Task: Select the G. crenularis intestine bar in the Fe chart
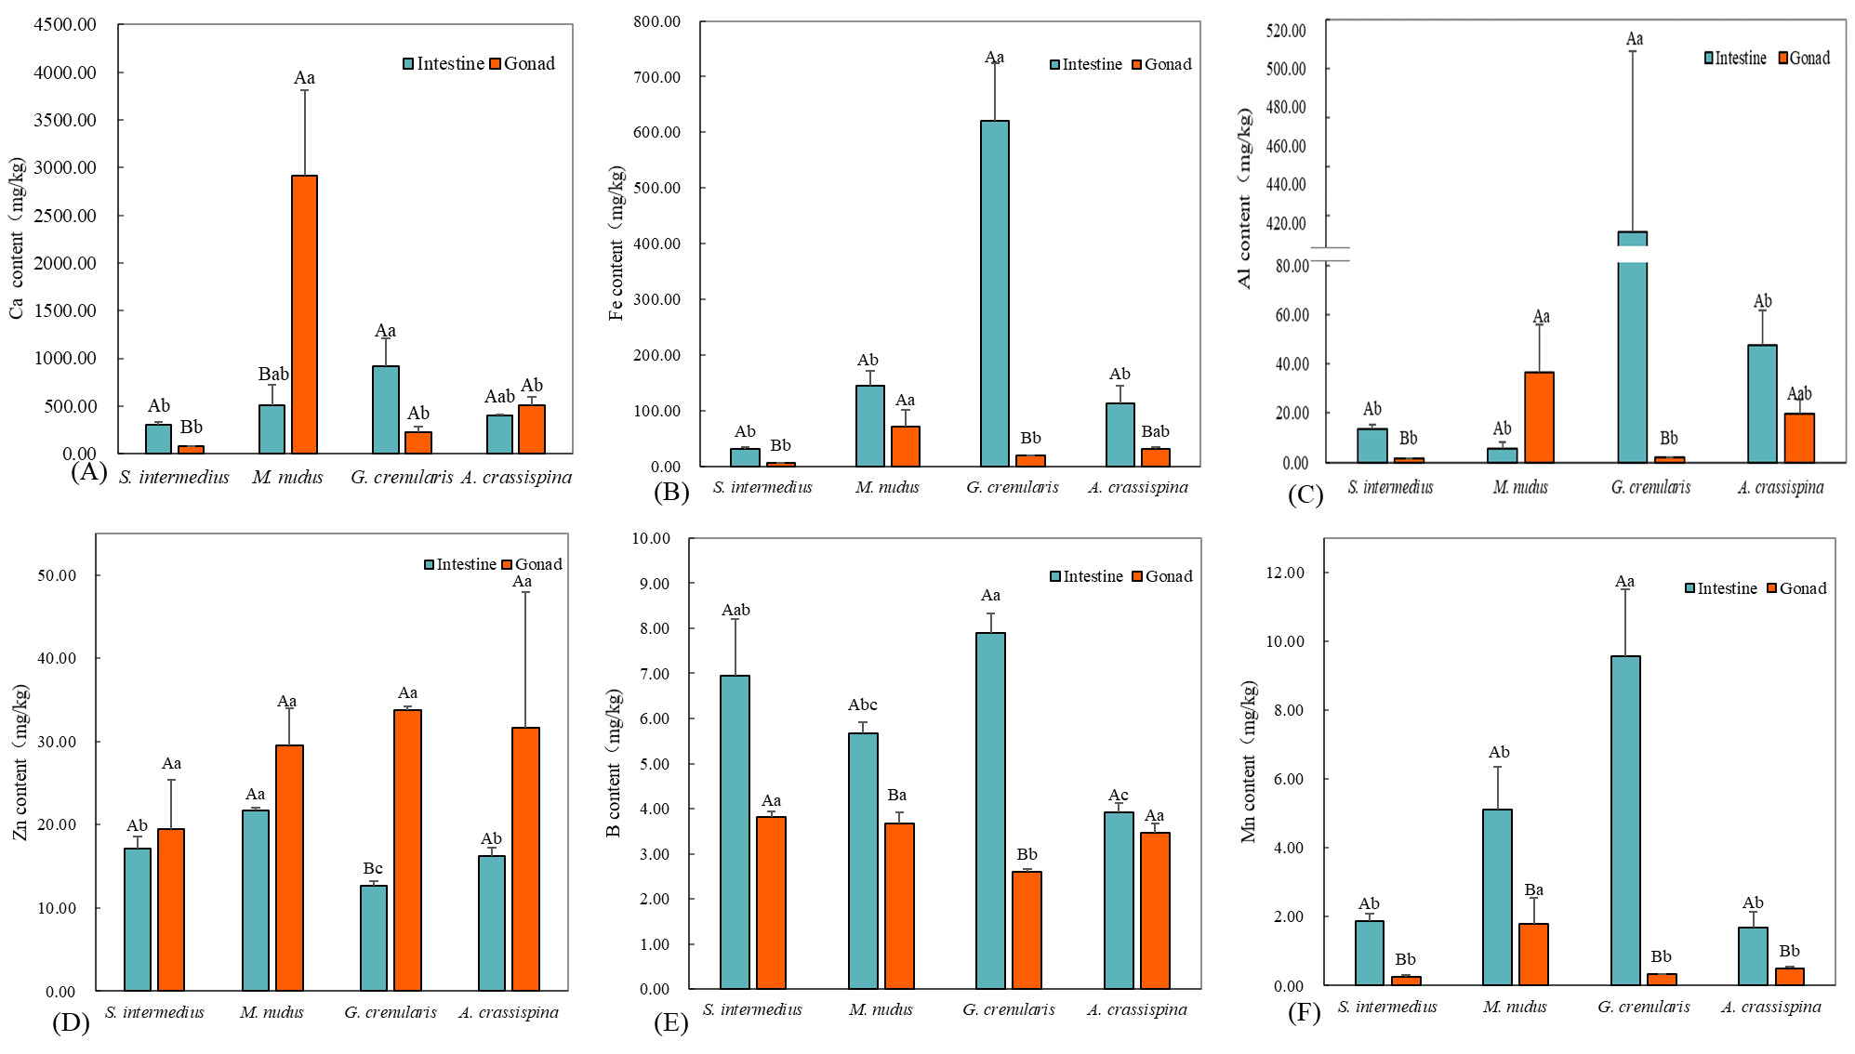(994, 294)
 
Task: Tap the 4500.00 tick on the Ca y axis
(65, 25)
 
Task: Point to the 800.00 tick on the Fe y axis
(657, 21)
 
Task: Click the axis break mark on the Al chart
(1330, 254)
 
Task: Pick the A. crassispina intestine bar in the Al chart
(1762, 403)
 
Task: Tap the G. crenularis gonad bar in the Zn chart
(407, 850)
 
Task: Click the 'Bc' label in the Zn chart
(372, 868)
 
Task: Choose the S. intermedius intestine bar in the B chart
(735, 832)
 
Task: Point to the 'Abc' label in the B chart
(862, 705)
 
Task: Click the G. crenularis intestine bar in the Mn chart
(1625, 820)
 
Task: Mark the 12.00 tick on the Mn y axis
(1285, 573)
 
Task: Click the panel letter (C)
(1305, 494)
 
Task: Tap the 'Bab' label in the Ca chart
(273, 374)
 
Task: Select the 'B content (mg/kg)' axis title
(614, 762)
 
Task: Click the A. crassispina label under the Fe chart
(1138, 487)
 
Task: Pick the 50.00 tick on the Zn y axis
(57, 575)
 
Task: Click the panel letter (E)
(670, 1022)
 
